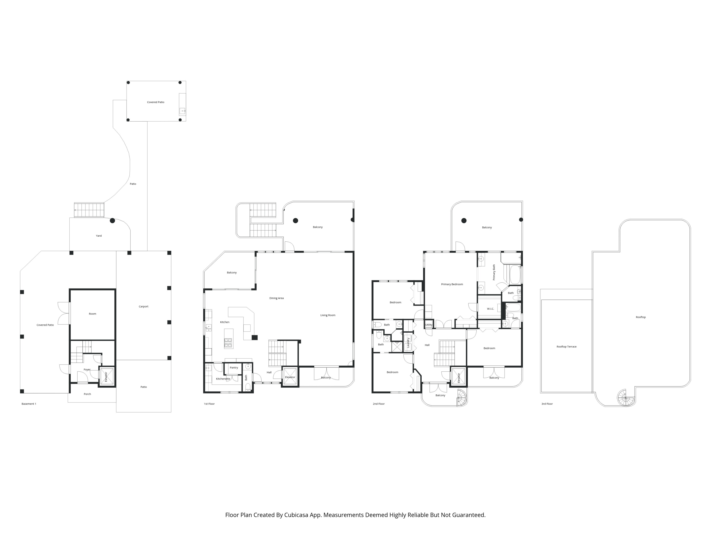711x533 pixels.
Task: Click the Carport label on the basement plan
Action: [143, 307]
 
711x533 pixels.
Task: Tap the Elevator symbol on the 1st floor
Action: [290, 377]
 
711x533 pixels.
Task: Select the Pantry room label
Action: [234, 368]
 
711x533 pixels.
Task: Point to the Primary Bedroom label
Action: [452, 284]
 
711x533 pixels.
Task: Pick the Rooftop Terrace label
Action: [566, 347]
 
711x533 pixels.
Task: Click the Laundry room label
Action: [408, 343]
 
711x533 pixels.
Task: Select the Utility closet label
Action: [428, 325]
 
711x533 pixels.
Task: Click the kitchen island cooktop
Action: [228, 343]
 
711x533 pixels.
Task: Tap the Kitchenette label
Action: [223, 379]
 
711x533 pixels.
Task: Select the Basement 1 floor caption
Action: [29, 404]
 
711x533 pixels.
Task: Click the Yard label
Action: [99, 236]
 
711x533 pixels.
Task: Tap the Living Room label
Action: [328, 315]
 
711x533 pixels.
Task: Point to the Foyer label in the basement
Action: [87, 370]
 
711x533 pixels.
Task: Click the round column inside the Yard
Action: [112, 221]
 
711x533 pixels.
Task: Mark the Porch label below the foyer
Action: [87, 394]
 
